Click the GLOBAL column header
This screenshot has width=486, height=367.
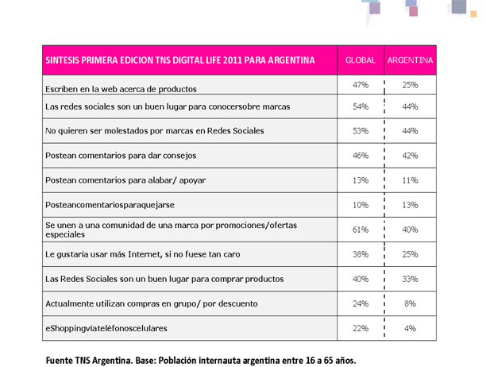point(361,60)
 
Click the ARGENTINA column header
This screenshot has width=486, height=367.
point(410,60)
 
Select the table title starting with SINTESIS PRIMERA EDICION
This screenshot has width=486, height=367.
point(180,60)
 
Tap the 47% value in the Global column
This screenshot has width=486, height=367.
point(361,85)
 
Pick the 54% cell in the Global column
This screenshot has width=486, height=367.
point(361,106)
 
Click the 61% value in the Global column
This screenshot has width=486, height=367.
point(361,230)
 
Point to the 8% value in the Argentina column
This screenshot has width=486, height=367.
point(410,303)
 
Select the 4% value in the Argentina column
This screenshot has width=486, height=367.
point(410,328)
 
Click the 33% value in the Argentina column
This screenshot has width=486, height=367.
point(410,279)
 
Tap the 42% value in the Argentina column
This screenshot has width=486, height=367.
point(410,156)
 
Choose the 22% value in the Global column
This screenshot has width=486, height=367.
point(361,328)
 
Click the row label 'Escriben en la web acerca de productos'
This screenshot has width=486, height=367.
point(121,89)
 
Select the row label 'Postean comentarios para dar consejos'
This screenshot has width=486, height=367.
point(121,156)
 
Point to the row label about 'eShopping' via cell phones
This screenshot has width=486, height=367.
point(106,328)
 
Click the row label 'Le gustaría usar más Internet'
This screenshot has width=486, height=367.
point(143,254)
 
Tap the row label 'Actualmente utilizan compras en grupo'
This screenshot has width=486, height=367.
point(152,303)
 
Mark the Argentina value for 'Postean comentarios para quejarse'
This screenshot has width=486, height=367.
point(410,205)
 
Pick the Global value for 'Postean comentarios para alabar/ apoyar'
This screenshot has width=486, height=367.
point(361,180)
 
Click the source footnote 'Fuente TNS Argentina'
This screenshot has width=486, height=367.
point(201,361)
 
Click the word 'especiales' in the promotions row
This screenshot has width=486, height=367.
point(65,234)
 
